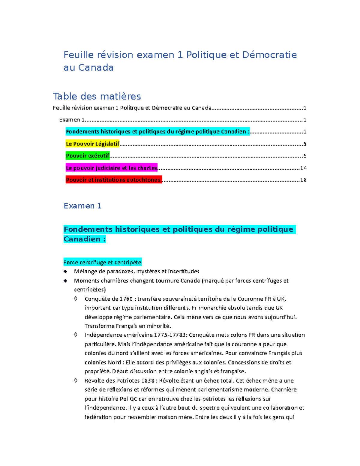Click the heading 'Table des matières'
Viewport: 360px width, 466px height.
point(97,96)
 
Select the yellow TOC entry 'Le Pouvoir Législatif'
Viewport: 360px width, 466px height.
point(92,144)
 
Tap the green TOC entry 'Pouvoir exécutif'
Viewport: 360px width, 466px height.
point(88,156)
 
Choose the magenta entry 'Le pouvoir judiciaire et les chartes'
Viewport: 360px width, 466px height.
point(111,168)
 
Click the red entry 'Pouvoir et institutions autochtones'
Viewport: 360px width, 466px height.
point(113,180)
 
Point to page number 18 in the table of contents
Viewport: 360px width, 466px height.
point(303,180)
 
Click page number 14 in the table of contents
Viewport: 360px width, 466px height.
point(303,168)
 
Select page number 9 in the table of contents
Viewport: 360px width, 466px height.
point(305,156)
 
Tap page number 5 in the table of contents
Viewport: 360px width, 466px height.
point(305,144)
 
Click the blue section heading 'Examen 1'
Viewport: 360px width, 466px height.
point(82,206)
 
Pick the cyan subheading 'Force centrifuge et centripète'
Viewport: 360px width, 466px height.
point(102,263)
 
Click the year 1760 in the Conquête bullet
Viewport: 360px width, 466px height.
point(126,299)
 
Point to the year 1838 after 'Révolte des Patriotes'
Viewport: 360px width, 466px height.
point(148,380)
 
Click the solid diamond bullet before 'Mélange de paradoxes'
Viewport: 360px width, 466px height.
point(65,272)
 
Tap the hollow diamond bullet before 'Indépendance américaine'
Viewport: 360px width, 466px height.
point(76,335)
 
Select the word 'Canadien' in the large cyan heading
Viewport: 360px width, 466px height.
point(82,239)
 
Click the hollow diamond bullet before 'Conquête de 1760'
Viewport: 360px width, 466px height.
point(76,299)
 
